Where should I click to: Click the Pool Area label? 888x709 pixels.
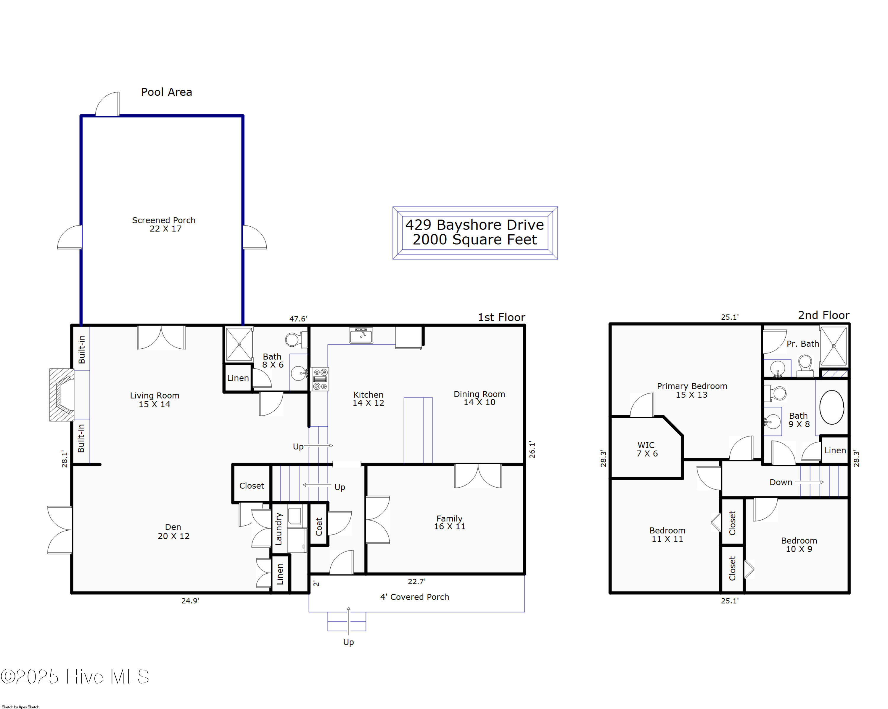[x=166, y=92]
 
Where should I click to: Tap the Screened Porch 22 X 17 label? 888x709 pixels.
[x=164, y=224]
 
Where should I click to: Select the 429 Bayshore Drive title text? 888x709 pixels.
[x=474, y=225]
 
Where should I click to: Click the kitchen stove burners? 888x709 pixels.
[x=320, y=379]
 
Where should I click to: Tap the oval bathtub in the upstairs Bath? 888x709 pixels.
[x=831, y=407]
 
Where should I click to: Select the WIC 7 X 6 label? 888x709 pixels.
[x=647, y=449]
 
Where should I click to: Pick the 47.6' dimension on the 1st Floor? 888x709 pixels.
[x=298, y=319]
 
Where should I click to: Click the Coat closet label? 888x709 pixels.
[x=319, y=526]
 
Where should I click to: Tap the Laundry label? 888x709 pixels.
[x=279, y=529]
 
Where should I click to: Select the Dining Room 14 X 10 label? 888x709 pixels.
[x=480, y=398]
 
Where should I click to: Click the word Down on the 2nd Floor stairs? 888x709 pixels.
[x=781, y=482]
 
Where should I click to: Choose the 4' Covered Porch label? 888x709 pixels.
[x=414, y=597]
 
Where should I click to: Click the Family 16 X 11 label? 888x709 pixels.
[x=449, y=522]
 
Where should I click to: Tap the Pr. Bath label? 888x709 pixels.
[x=803, y=344]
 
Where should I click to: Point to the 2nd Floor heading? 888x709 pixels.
[x=824, y=315]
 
